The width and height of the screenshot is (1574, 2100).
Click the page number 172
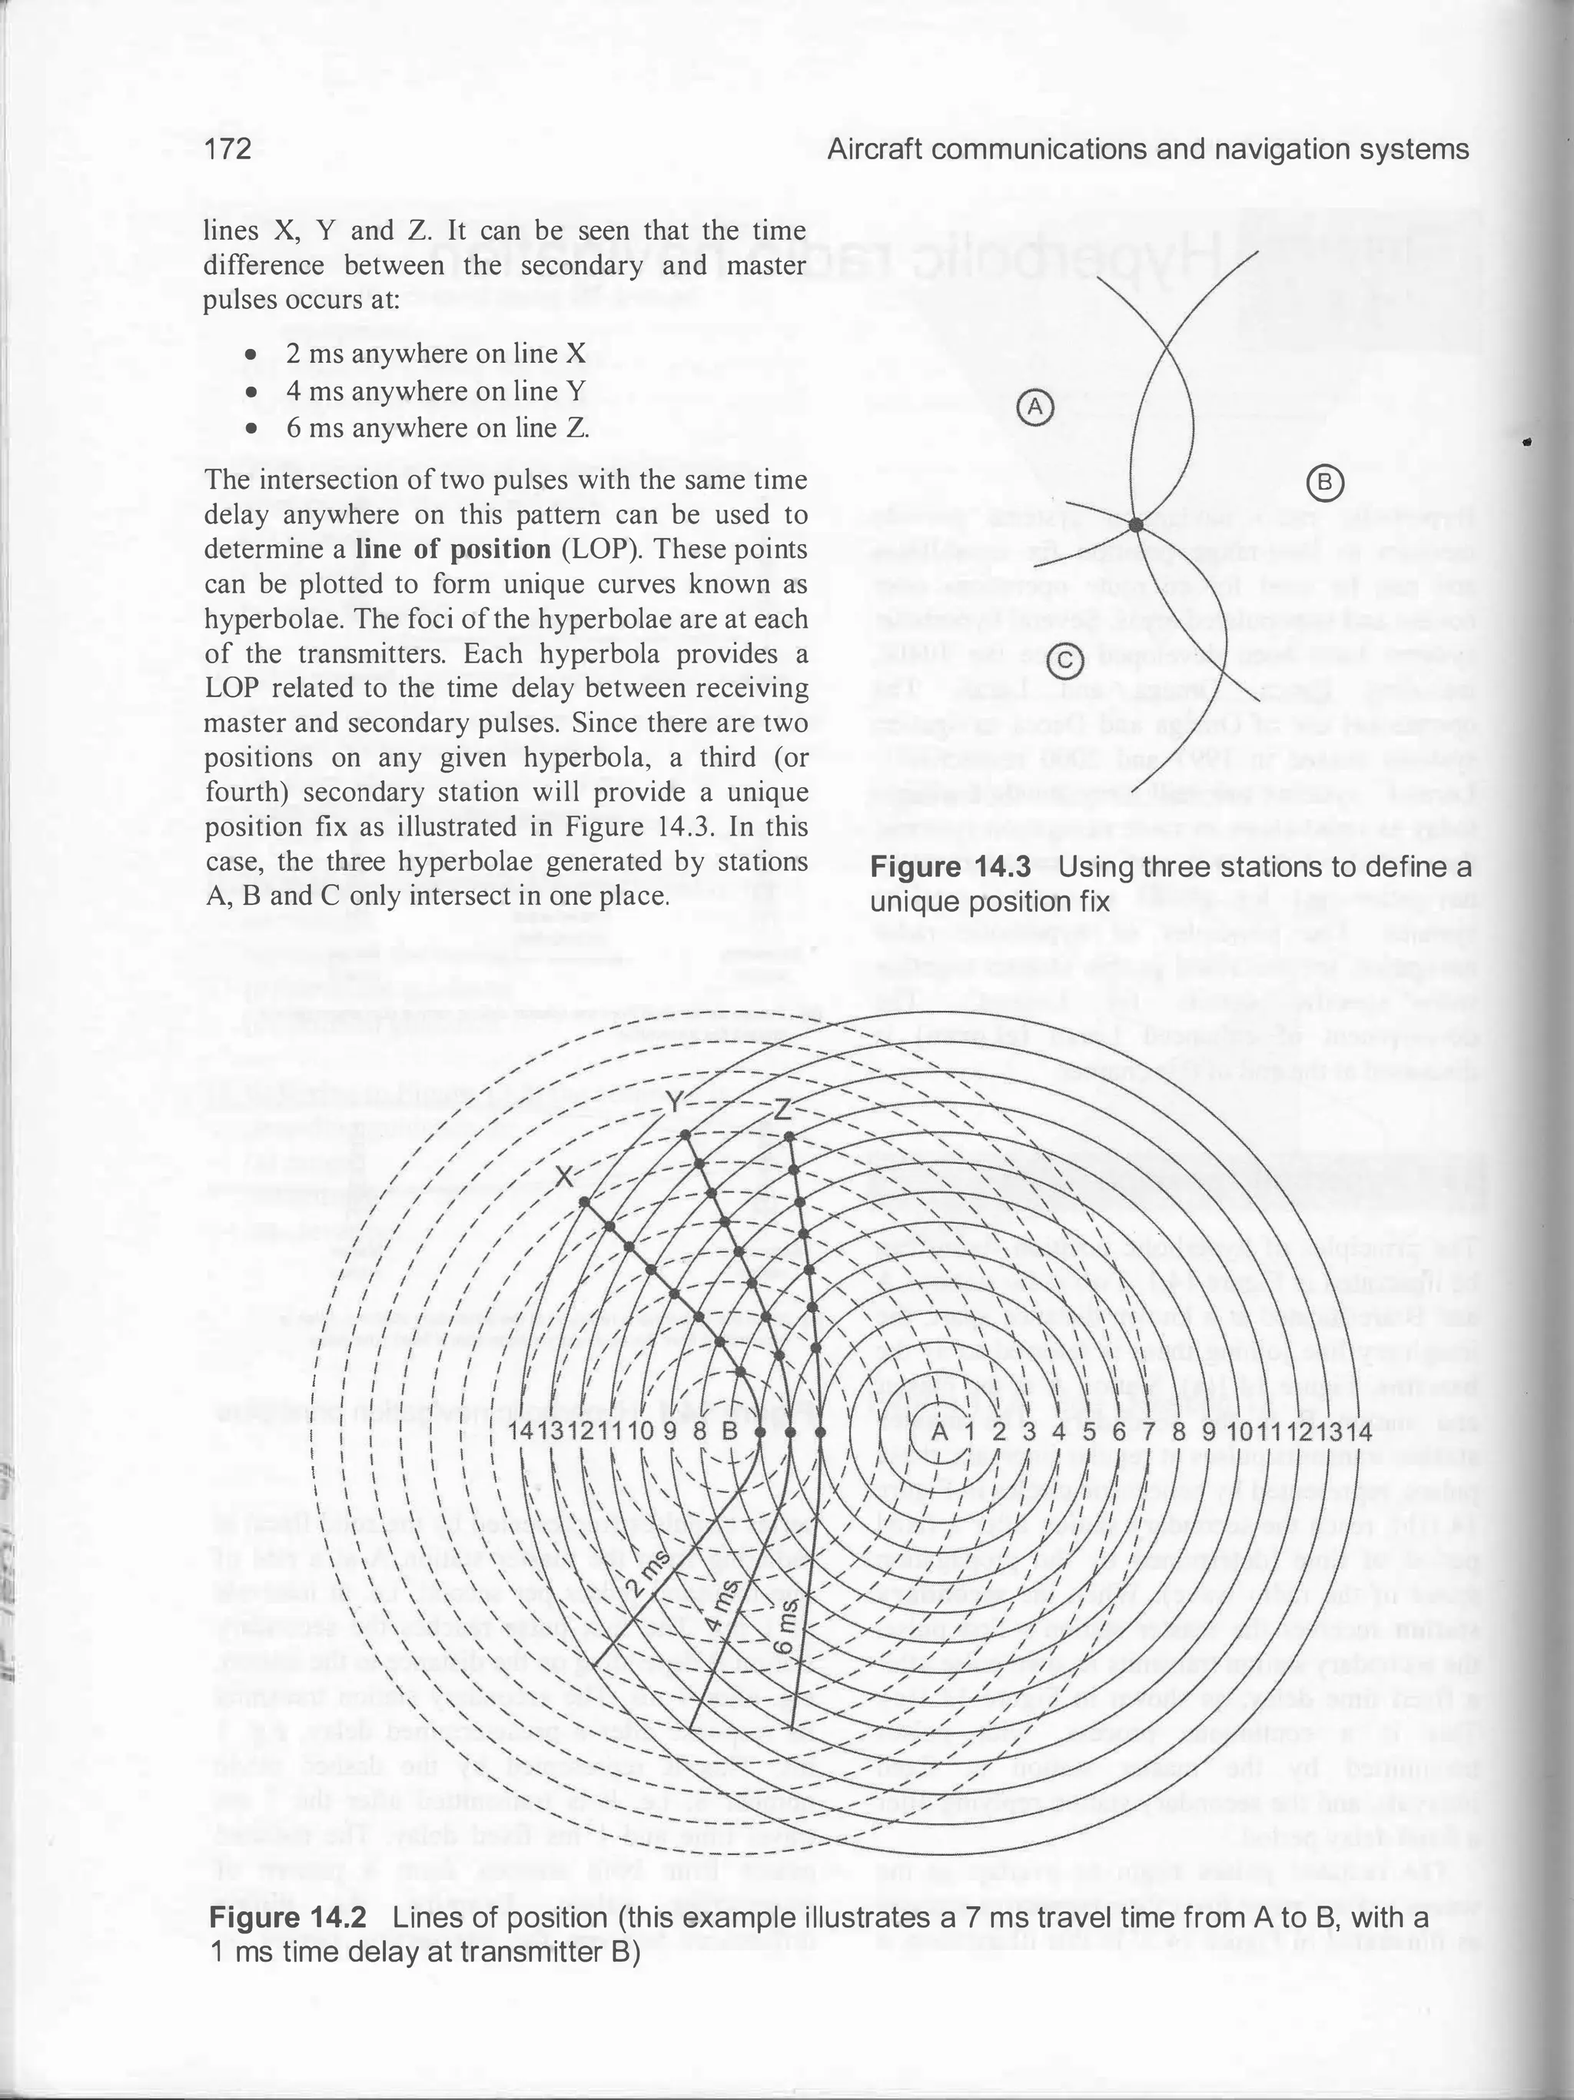point(227,150)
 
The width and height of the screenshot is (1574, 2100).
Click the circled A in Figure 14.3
point(1036,407)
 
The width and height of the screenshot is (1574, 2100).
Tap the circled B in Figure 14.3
point(1324,484)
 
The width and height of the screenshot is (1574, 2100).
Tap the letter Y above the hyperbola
point(673,1103)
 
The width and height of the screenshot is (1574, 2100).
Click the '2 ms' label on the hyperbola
point(649,1584)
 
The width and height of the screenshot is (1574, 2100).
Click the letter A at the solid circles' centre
point(938,1430)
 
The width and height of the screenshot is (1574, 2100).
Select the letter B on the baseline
point(730,1430)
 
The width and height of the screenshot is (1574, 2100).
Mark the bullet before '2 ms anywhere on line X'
point(251,354)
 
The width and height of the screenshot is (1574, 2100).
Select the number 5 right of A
point(1089,1430)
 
